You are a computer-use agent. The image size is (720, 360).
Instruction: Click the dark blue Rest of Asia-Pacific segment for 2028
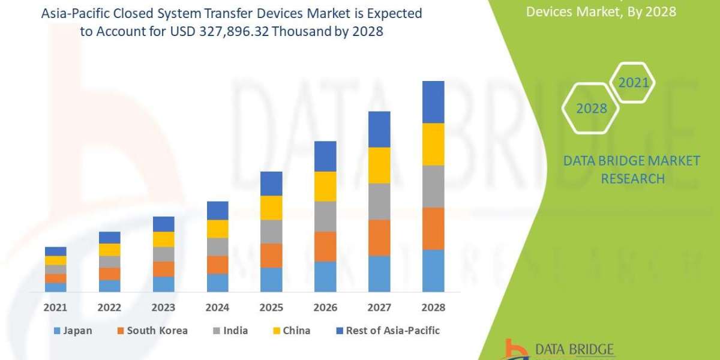(x=433, y=102)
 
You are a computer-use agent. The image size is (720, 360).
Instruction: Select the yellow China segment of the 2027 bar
(x=379, y=165)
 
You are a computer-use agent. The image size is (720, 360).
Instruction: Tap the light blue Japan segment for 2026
(x=325, y=277)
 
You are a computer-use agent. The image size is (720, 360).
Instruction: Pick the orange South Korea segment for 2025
(x=271, y=256)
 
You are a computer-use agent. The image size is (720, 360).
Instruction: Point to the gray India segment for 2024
(x=217, y=247)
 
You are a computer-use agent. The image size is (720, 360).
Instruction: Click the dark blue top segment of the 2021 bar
(x=56, y=251)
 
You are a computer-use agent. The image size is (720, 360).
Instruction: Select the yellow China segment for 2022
(x=110, y=250)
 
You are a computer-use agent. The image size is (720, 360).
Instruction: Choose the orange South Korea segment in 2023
(x=163, y=269)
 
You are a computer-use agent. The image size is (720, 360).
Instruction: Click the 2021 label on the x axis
(x=56, y=307)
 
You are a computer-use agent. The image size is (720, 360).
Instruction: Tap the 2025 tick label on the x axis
(x=271, y=307)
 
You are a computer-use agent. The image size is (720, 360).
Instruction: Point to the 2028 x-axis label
(x=433, y=307)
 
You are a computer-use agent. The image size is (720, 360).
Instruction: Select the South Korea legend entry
(x=153, y=331)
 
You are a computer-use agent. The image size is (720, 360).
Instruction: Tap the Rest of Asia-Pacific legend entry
(x=389, y=331)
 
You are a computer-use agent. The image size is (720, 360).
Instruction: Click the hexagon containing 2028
(x=592, y=109)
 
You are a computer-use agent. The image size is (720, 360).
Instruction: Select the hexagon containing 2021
(x=633, y=82)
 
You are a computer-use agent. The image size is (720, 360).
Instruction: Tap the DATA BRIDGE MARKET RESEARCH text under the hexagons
(x=632, y=169)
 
